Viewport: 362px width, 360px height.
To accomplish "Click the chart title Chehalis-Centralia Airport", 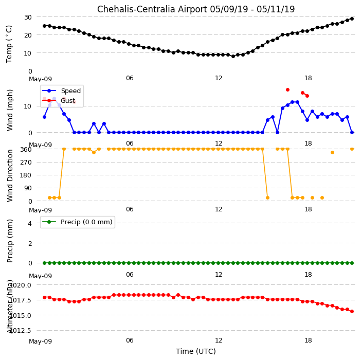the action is tap(152, 9).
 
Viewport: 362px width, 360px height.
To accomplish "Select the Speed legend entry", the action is tap(61, 91).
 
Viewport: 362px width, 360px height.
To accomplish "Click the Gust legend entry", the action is tap(59, 100).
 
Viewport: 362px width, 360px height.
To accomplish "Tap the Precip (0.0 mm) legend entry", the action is tap(77, 222).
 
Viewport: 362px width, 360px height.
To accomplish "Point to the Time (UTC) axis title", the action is tap(196, 351).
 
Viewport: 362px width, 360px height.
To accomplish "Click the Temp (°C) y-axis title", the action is tap(9, 44).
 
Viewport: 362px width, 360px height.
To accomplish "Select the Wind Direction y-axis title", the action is tap(10, 176).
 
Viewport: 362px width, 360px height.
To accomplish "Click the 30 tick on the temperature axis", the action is tap(28, 17).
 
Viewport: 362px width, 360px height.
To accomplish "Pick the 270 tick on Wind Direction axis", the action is tap(26, 163).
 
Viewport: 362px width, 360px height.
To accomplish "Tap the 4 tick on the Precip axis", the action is tap(30, 223).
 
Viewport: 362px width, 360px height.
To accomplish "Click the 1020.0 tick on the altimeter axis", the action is tap(21, 285).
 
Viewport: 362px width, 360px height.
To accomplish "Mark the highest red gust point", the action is tap(287, 89).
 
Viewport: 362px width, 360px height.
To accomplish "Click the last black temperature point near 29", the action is tap(352, 19).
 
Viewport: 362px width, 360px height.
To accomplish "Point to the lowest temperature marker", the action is tap(233, 56).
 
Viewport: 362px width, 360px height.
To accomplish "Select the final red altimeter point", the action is tap(352, 311).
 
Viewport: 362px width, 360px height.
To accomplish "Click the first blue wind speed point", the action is tap(44, 117).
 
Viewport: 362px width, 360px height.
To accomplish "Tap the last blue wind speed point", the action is tap(352, 132).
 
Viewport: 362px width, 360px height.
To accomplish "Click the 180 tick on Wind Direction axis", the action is tap(26, 175).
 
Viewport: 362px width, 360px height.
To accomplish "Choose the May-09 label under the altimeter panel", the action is tap(41, 341).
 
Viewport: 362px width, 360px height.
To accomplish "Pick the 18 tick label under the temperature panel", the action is tap(308, 78).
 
